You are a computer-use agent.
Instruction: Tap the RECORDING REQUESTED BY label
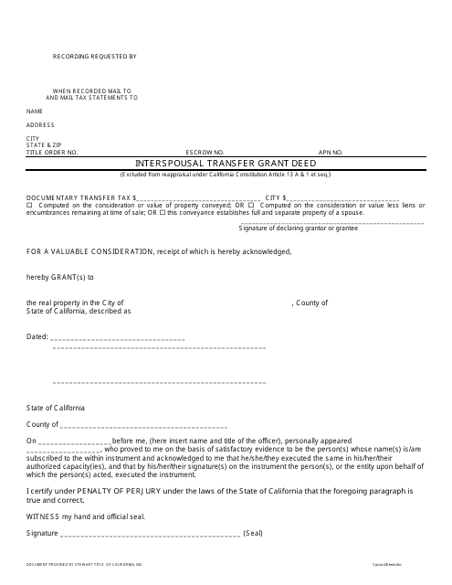(x=94, y=57)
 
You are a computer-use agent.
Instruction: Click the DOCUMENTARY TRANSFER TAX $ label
(x=82, y=197)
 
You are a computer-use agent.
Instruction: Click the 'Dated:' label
(x=37, y=337)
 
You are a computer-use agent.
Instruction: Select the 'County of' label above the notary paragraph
(x=42, y=425)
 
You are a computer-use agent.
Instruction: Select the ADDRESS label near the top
(x=40, y=123)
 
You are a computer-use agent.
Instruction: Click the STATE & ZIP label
(x=44, y=144)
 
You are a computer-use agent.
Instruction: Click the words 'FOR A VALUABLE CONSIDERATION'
(x=88, y=250)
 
